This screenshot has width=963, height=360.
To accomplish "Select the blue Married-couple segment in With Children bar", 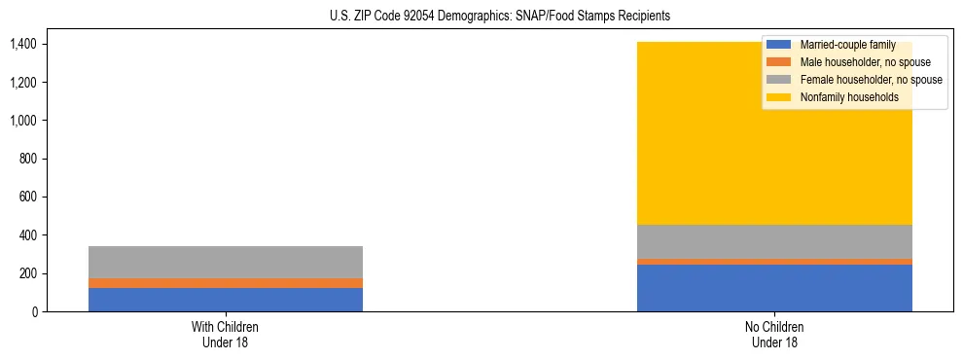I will click(x=226, y=300).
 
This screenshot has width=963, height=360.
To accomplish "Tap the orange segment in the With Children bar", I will click(x=226, y=283).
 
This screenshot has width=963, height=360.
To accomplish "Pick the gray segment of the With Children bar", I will click(x=226, y=262).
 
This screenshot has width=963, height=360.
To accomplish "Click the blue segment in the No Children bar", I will click(x=774, y=288).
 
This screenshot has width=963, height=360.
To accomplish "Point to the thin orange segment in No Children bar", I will click(x=774, y=262).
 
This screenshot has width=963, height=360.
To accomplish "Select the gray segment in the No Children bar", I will click(x=774, y=242).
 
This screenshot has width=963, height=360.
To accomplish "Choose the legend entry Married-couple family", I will click(x=846, y=45).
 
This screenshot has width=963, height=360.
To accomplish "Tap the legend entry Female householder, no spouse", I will click(x=870, y=80).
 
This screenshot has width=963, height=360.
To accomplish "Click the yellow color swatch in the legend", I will click(x=779, y=97).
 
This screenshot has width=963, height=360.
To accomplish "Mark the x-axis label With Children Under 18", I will click(x=226, y=334).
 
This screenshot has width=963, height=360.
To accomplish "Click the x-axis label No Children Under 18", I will click(x=774, y=334).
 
